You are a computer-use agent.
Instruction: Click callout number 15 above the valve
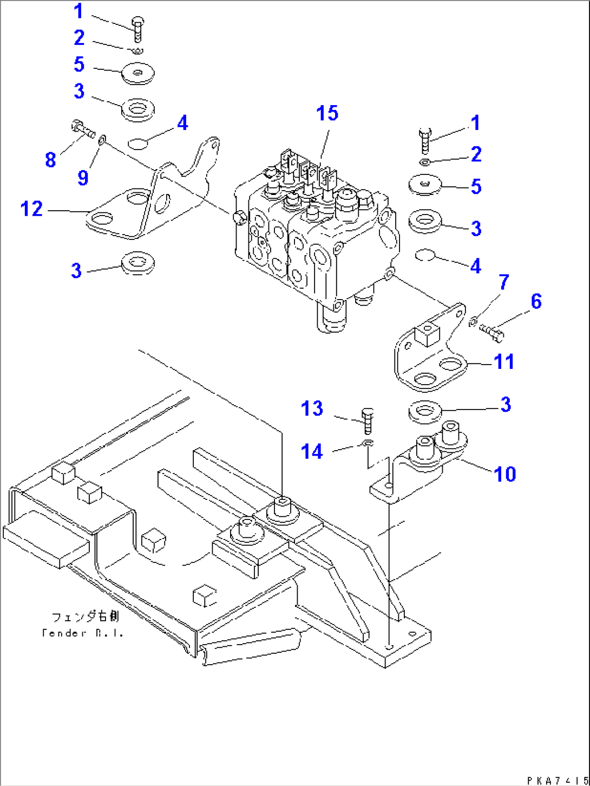[327, 114]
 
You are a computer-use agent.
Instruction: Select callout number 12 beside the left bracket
[31, 209]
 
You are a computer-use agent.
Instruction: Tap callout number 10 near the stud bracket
[504, 474]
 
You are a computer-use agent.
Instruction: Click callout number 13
[312, 409]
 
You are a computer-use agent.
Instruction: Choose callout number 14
[312, 451]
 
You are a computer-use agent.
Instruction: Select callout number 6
[535, 301]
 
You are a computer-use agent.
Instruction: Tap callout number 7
[503, 282]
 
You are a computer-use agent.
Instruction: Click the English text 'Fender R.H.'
[83, 633]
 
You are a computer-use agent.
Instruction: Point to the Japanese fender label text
[85, 617]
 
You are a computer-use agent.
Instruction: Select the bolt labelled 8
[82, 129]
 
